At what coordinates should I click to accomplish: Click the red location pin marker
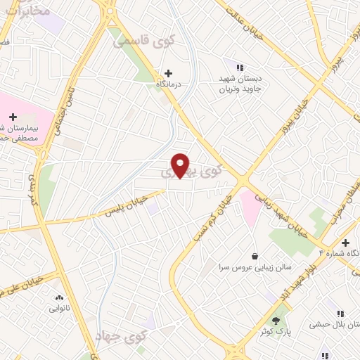pyautogui.click(x=181, y=165)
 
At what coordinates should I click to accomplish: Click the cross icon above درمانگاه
pyautogui.click(x=168, y=72)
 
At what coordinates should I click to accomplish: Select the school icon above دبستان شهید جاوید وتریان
pyautogui.click(x=240, y=68)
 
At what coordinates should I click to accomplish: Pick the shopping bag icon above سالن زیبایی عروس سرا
pyautogui.click(x=254, y=256)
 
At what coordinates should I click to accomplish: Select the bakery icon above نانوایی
pyautogui.click(x=58, y=297)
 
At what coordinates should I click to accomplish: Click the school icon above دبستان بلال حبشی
pyautogui.click(x=340, y=314)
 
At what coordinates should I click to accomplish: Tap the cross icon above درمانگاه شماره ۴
pyautogui.click(x=345, y=243)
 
